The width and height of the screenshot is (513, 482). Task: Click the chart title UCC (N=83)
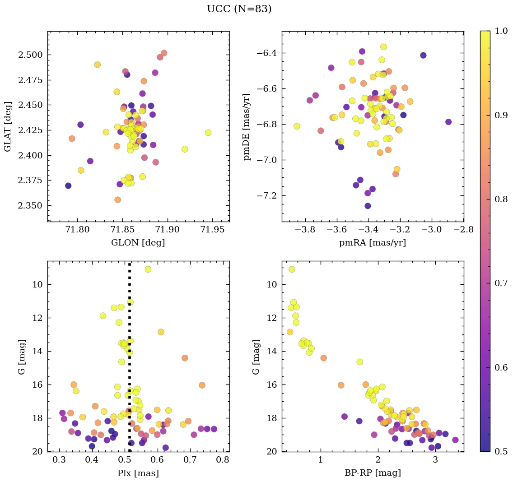(x=239, y=9)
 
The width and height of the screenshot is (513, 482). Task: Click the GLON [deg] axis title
(x=138, y=243)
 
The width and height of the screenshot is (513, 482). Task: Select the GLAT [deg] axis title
(x=8, y=126)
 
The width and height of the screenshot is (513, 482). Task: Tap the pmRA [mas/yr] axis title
(x=372, y=243)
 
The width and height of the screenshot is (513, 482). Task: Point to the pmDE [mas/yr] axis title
(x=247, y=126)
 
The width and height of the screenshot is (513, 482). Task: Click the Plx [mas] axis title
(x=138, y=473)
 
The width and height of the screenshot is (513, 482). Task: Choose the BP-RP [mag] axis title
(x=372, y=473)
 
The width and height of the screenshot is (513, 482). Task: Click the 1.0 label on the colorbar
(x=501, y=31)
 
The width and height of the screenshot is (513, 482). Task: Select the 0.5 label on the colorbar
(x=501, y=451)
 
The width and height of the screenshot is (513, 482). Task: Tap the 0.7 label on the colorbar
(x=501, y=283)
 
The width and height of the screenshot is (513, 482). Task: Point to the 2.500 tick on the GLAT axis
(x=31, y=55)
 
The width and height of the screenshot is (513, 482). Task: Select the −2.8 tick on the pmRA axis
(x=463, y=230)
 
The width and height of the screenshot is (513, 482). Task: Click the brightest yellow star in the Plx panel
(x=148, y=269)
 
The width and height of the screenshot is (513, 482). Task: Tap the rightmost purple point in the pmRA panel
(x=448, y=122)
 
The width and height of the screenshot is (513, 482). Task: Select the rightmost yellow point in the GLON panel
(x=208, y=133)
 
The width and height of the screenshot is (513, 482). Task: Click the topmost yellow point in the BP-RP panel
(x=292, y=269)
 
